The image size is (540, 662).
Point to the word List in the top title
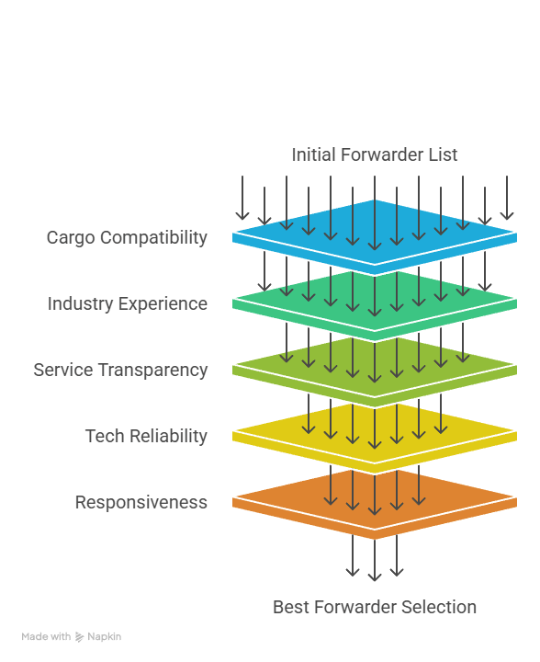tap(442, 154)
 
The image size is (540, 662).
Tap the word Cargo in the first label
tap(70, 238)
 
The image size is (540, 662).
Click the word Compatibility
tap(153, 238)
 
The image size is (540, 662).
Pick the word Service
tap(62, 371)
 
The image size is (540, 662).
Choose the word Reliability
tap(167, 437)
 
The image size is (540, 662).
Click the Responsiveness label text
tap(141, 503)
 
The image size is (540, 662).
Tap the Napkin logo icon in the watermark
tap(80, 636)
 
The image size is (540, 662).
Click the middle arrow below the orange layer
tap(375, 560)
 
